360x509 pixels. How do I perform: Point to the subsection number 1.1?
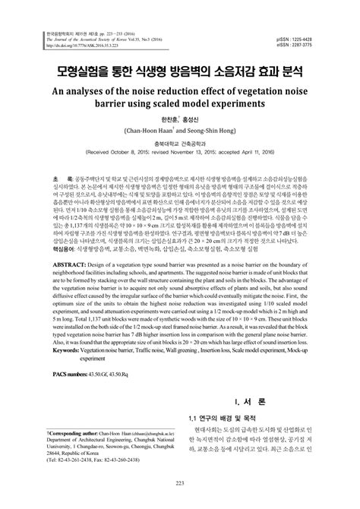194,439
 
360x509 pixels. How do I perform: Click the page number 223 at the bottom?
180,502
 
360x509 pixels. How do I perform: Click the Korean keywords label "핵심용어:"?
49,269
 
